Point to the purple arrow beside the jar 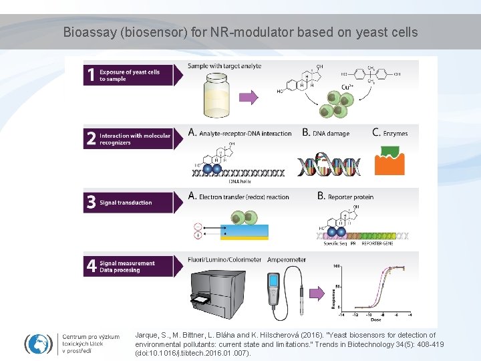tap(249, 98)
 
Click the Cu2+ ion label tap(348, 87)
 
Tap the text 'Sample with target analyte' tap(224, 66)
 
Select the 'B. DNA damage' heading tap(325, 134)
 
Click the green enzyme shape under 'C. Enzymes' tap(390, 150)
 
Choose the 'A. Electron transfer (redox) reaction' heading tap(238, 197)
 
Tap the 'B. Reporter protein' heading tap(345, 197)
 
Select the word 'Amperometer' tap(287, 259)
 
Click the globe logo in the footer tap(39, 344)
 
